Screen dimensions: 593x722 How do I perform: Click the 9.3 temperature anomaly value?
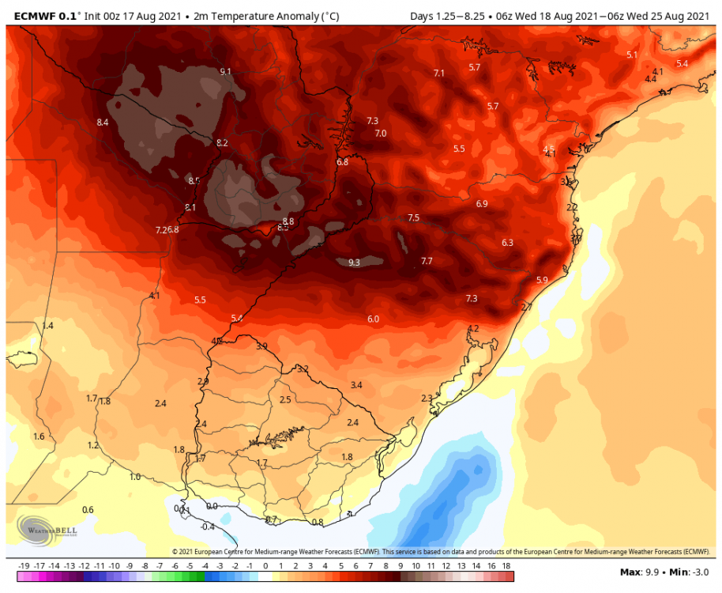[x=354, y=263]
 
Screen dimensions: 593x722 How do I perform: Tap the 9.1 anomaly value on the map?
[x=225, y=72]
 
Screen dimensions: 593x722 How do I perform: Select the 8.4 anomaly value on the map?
[x=102, y=123]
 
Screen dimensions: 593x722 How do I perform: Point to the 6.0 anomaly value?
[x=373, y=319]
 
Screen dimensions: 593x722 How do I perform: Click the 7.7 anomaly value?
[x=427, y=261]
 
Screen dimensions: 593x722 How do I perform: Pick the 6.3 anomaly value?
[x=507, y=243]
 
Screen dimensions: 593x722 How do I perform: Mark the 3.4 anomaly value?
[x=355, y=385]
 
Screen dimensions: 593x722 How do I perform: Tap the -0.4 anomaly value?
[x=208, y=527]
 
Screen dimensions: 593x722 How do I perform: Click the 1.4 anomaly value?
[x=47, y=326]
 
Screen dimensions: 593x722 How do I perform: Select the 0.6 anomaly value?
[x=88, y=510]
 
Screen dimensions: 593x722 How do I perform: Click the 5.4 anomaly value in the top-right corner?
[x=682, y=63]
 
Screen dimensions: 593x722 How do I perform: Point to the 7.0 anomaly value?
[x=380, y=134]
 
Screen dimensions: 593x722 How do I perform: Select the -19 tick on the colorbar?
[x=23, y=566]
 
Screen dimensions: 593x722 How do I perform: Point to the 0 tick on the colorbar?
[x=265, y=566]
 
